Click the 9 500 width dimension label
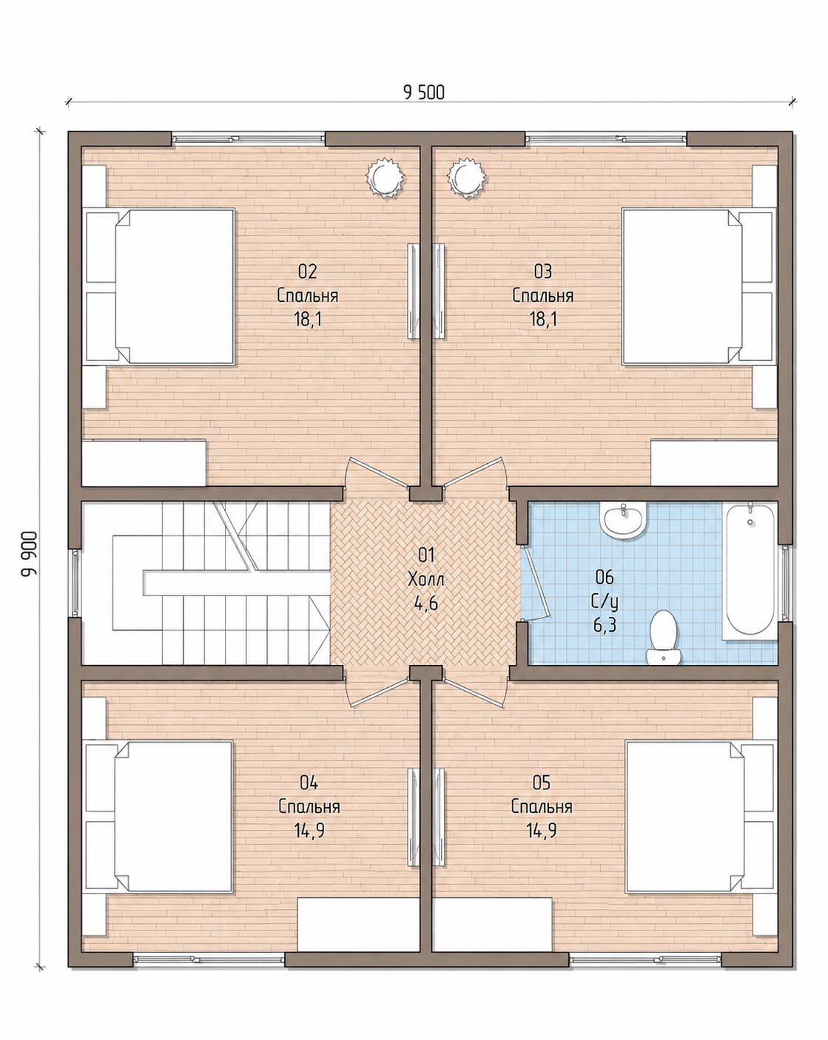[x=423, y=92]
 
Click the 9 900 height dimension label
[x=30, y=554]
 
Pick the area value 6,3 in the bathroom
[x=605, y=626]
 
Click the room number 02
[x=307, y=272]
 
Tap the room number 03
[x=543, y=272]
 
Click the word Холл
[x=426, y=579]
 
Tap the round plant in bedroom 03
[x=466, y=178]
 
